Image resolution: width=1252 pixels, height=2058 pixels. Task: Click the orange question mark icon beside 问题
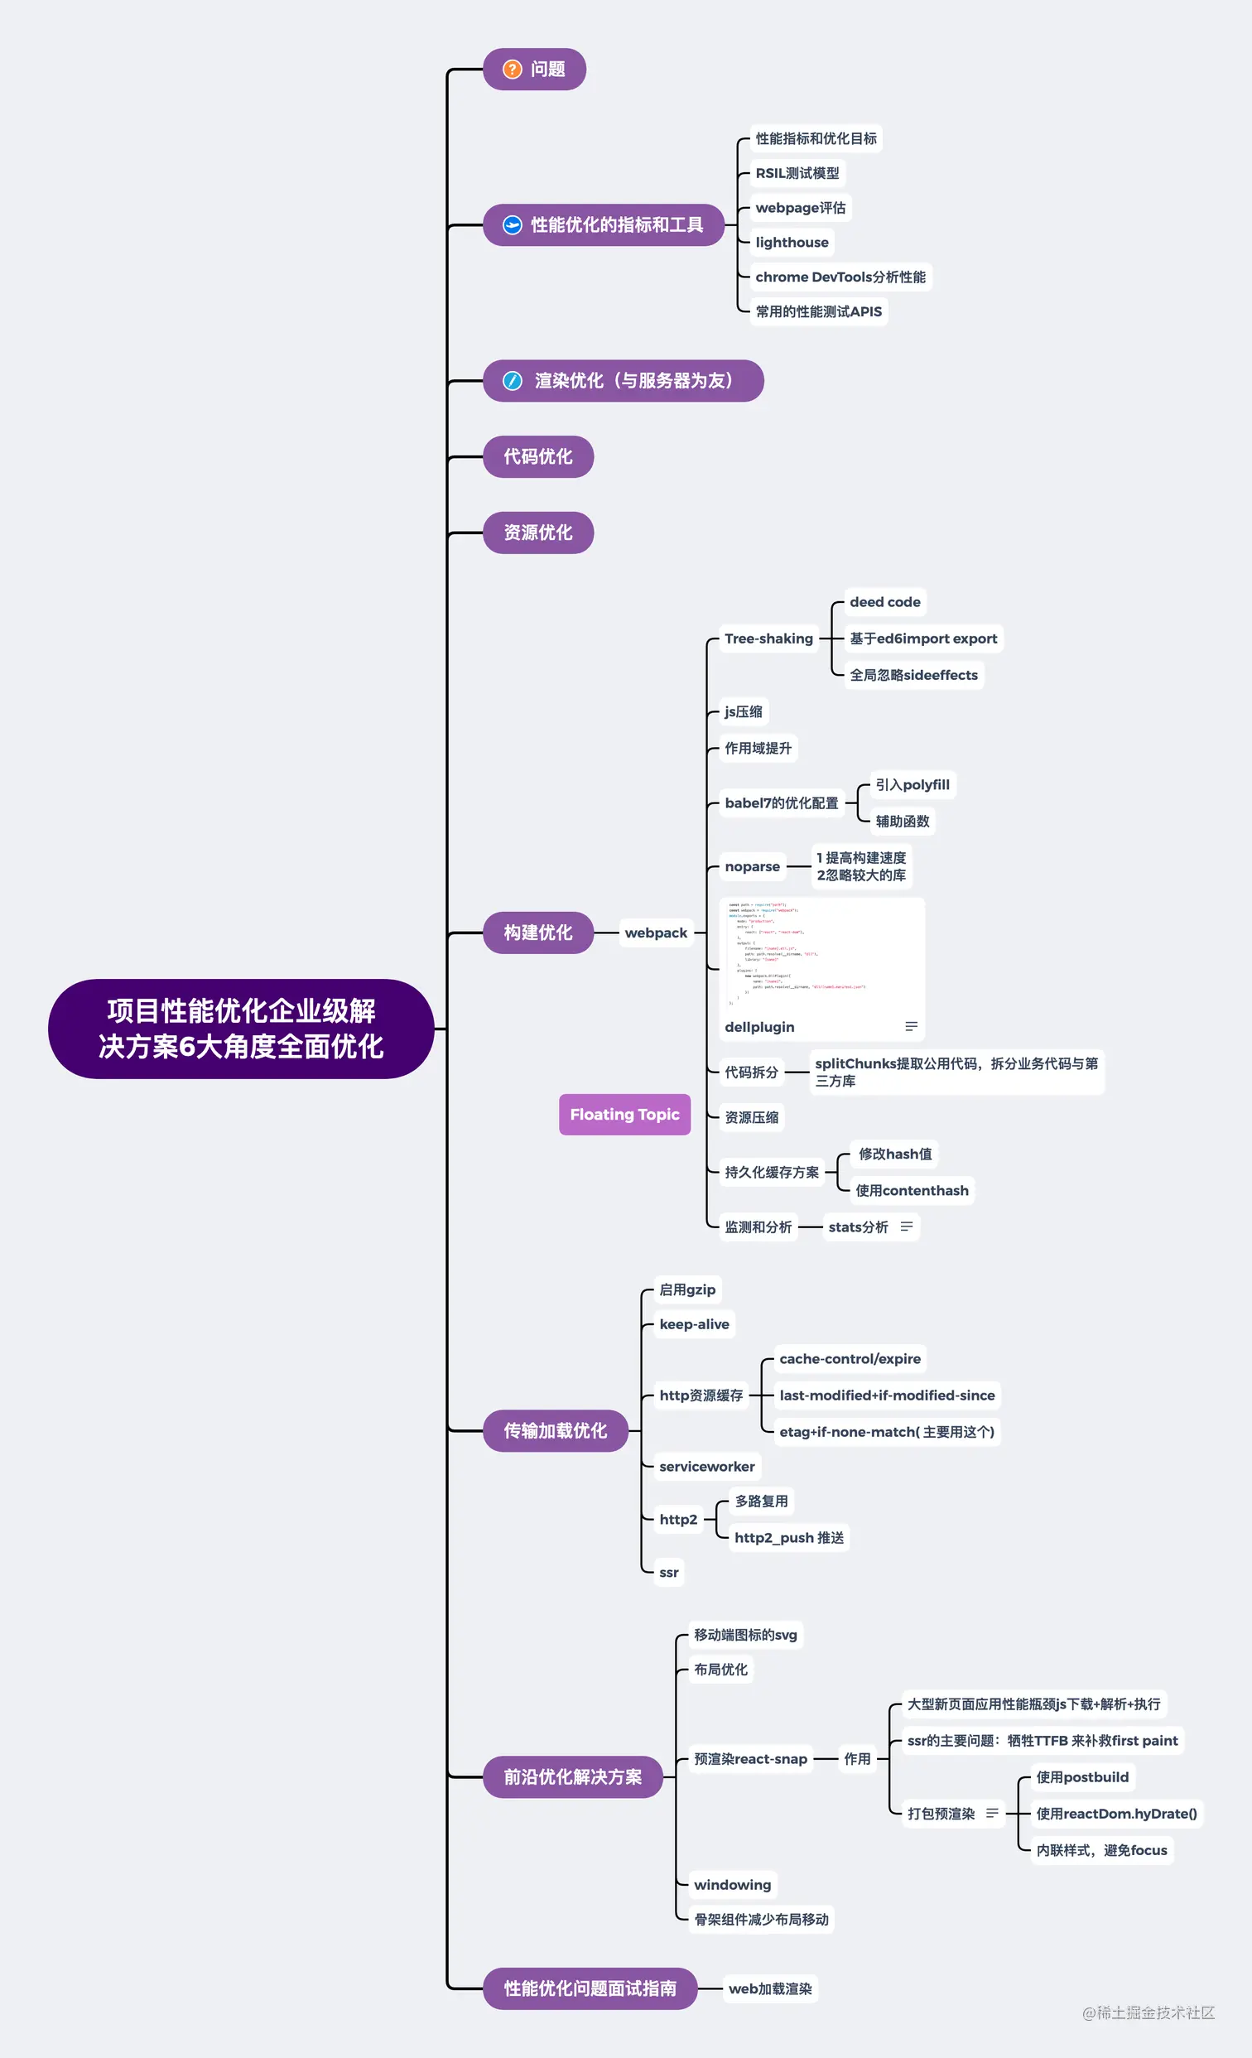click(512, 70)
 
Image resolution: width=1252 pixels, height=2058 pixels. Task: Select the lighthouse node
click(792, 242)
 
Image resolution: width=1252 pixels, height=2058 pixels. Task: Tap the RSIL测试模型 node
click(797, 173)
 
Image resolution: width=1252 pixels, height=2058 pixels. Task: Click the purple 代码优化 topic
click(538, 457)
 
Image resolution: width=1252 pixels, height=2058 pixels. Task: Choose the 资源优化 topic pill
click(538, 533)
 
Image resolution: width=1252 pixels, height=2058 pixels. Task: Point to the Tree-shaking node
click(768, 639)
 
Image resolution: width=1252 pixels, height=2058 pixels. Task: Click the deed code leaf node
click(884, 602)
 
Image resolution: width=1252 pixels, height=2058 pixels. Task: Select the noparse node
click(752, 867)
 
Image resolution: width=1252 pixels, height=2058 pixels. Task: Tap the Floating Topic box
click(624, 1114)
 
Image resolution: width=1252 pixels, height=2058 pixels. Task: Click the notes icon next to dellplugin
click(911, 1026)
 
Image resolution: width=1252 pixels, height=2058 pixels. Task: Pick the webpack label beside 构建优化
click(656, 933)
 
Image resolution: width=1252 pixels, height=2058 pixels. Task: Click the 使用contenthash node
click(911, 1191)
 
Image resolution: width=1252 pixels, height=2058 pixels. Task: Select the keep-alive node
click(694, 1325)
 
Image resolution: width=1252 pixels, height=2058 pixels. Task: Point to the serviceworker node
click(706, 1467)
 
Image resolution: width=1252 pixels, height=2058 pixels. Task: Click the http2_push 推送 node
click(788, 1538)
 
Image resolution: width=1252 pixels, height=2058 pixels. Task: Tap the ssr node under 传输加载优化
click(669, 1573)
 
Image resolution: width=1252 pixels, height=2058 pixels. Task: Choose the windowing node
click(733, 1885)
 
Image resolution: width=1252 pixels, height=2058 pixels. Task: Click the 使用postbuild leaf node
click(1081, 1777)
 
